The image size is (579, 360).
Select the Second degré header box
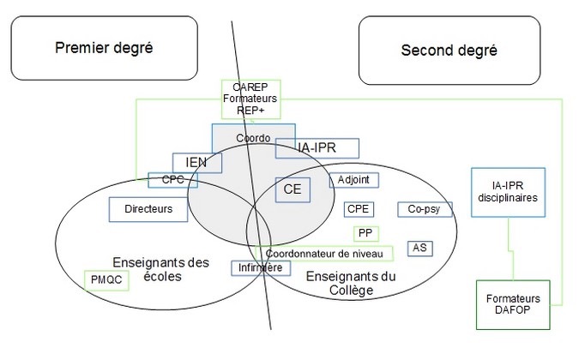tap(449, 50)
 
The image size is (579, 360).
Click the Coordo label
tap(252, 138)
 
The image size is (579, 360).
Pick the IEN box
tap(197, 162)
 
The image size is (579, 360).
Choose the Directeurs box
tap(148, 208)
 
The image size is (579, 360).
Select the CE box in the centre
tap(292, 189)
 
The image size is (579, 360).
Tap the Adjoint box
tap(353, 180)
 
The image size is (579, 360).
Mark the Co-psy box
tap(424, 209)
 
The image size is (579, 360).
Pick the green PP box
tap(365, 233)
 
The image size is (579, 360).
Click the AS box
tap(419, 248)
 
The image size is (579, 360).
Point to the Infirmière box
tap(256, 267)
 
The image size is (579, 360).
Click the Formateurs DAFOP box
tap(510, 304)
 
